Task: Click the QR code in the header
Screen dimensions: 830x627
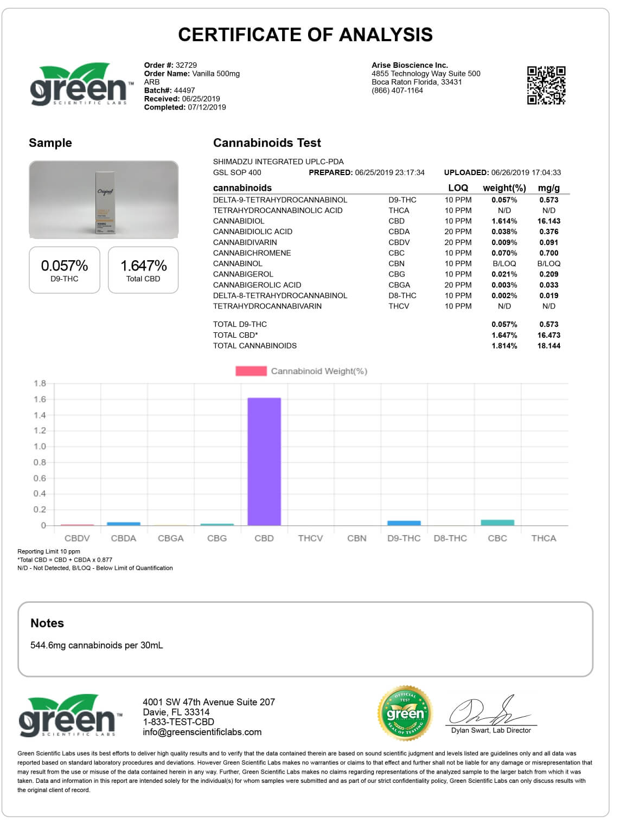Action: coord(546,85)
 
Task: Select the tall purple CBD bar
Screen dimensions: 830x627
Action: coord(264,461)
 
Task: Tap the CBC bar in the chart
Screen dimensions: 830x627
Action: coord(497,523)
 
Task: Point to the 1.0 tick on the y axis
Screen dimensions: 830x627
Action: coord(40,447)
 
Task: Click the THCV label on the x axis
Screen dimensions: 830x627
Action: coord(310,538)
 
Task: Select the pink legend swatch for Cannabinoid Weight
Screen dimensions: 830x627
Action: coord(251,371)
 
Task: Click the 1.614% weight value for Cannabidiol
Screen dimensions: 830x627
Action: coord(504,221)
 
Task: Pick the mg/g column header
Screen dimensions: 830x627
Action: coord(549,188)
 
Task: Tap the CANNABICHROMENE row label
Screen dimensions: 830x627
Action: coord(252,253)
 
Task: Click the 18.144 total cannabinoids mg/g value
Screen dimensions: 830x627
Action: coord(549,346)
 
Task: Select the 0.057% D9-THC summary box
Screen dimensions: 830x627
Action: coord(64,270)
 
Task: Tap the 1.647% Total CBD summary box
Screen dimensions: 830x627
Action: coord(143,270)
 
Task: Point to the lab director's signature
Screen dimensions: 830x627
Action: coord(490,712)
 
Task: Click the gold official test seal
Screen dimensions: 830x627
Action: coord(405,712)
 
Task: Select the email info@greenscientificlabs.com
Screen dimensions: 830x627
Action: coord(202,732)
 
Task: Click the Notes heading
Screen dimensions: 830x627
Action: coord(47,623)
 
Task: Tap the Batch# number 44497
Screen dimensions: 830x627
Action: coord(184,91)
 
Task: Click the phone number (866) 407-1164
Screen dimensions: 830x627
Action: coord(397,91)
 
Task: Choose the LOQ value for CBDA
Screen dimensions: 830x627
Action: coord(458,231)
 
